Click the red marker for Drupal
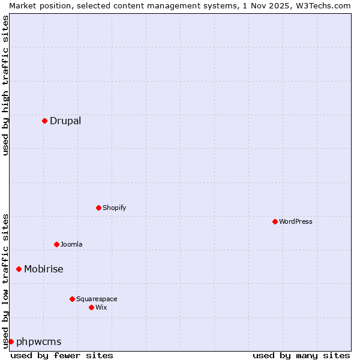click(x=44, y=121)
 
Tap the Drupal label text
click(x=65, y=121)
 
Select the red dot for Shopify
click(x=98, y=208)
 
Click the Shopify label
click(x=114, y=208)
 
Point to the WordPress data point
click(x=275, y=221)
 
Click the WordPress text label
click(x=296, y=221)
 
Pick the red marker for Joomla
click(x=56, y=244)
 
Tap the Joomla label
click(x=71, y=244)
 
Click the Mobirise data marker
click(x=19, y=269)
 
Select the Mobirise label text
click(x=44, y=269)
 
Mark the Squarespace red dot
click(x=72, y=299)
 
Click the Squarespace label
click(x=97, y=299)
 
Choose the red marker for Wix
click(x=91, y=307)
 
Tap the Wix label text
click(x=101, y=307)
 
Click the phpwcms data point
click(x=11, y=341)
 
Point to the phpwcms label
click(x=39, y=342)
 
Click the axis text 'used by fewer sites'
click(x=62, y=355)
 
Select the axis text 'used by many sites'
click(x=301, y=355)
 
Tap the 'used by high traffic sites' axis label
click(x=5, y=85)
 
